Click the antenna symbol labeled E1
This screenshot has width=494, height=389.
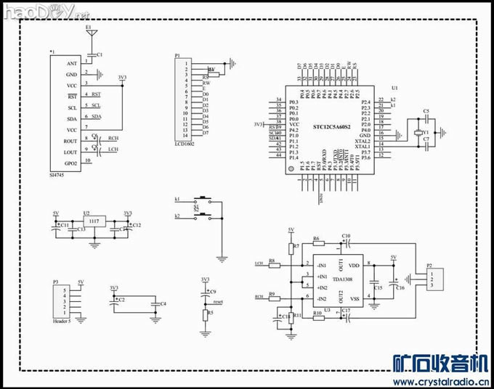tap(89, 33)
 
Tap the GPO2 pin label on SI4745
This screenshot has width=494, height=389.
tap(71, 163)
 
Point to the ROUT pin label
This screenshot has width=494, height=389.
tap(70, 141)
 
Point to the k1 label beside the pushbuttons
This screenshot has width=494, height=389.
tap(177, 199)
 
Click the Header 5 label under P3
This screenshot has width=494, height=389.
tap(64, 320)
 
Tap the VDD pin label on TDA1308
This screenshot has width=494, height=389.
tap(355, 266)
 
